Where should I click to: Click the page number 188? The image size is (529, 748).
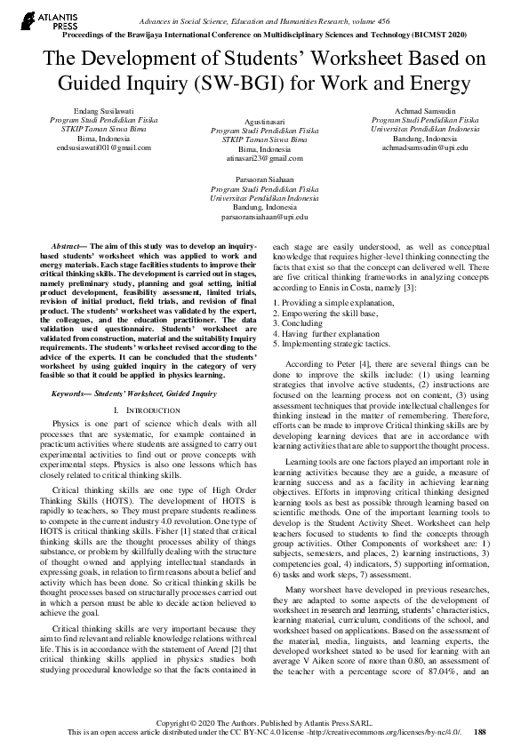(480, 732)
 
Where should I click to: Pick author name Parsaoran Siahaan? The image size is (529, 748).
(264, 179)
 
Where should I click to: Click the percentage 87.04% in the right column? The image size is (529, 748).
(433, 699)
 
